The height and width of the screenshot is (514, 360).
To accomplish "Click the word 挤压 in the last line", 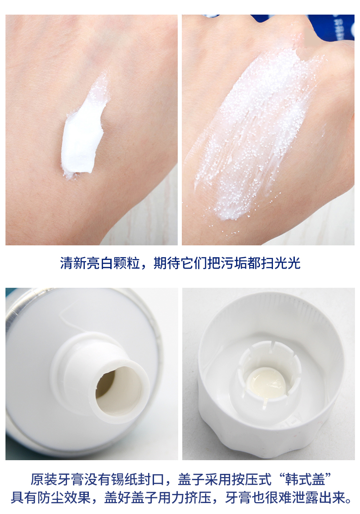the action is point(198,498).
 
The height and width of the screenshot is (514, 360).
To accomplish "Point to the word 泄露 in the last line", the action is point(306,498).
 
